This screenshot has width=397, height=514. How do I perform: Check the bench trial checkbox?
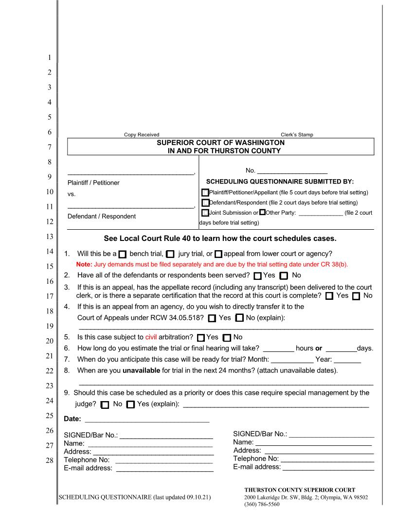pos(123,254)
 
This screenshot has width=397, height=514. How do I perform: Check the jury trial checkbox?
pos(170,254)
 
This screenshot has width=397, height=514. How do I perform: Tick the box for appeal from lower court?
pos(218,254)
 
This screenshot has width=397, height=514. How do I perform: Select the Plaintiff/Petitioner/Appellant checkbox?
pos(205,193)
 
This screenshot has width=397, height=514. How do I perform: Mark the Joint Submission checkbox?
pos(205,213)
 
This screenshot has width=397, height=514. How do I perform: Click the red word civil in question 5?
pos(152,337)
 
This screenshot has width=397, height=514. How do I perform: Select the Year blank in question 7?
pos(347,361)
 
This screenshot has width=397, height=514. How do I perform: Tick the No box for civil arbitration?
pos(226,337)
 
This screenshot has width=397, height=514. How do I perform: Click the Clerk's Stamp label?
pos(297,135)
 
